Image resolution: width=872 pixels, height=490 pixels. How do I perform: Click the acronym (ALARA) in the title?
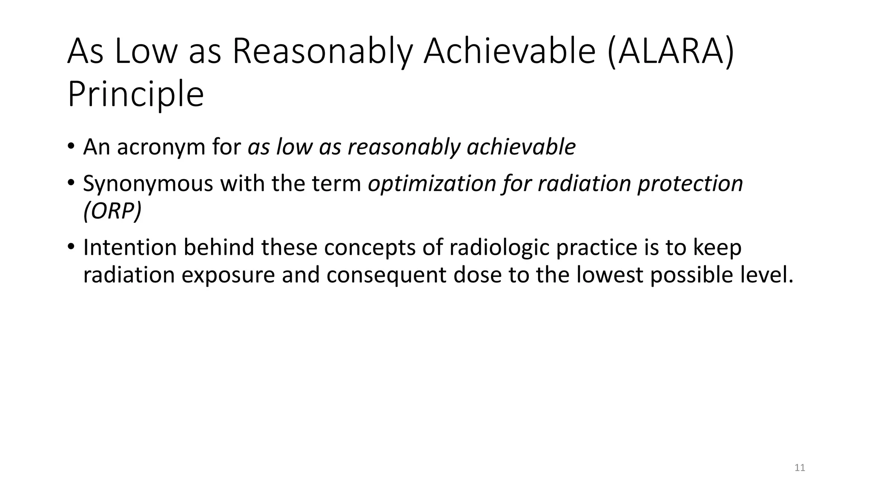coord(671,52)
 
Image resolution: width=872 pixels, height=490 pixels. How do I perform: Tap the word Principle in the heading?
coord(136,94)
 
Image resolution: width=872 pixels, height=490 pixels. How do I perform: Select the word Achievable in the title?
coord(509,52)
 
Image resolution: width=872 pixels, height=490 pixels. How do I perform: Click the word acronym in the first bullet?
coord(158,147)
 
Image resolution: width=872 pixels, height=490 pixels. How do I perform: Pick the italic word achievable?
coord(521,147)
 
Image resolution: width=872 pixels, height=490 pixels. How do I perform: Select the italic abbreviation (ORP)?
coord(112,211)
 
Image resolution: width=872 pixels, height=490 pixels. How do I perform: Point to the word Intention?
coord(130,248)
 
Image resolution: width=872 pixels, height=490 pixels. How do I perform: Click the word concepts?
coord(370,248)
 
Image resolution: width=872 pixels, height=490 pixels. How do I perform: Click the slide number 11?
coord(800,468)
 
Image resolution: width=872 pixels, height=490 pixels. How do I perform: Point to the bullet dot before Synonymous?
coord(71,183)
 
